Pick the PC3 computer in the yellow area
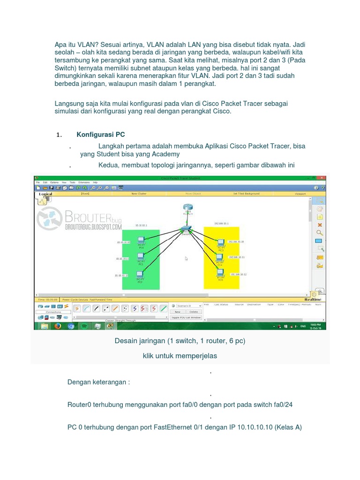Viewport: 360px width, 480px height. pos(220,243)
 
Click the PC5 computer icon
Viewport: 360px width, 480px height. pos(220,273)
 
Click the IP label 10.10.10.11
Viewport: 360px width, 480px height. pos(122,258)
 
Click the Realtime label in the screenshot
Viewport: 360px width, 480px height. pos(313,299)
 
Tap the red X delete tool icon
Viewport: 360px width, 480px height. pos(320,225)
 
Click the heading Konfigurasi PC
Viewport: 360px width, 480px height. pos(100,135)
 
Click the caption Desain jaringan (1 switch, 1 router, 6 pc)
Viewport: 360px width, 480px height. pos(180,341)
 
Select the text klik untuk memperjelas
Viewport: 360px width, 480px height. pos(180,356)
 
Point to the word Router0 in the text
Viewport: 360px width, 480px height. pos(80,405)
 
